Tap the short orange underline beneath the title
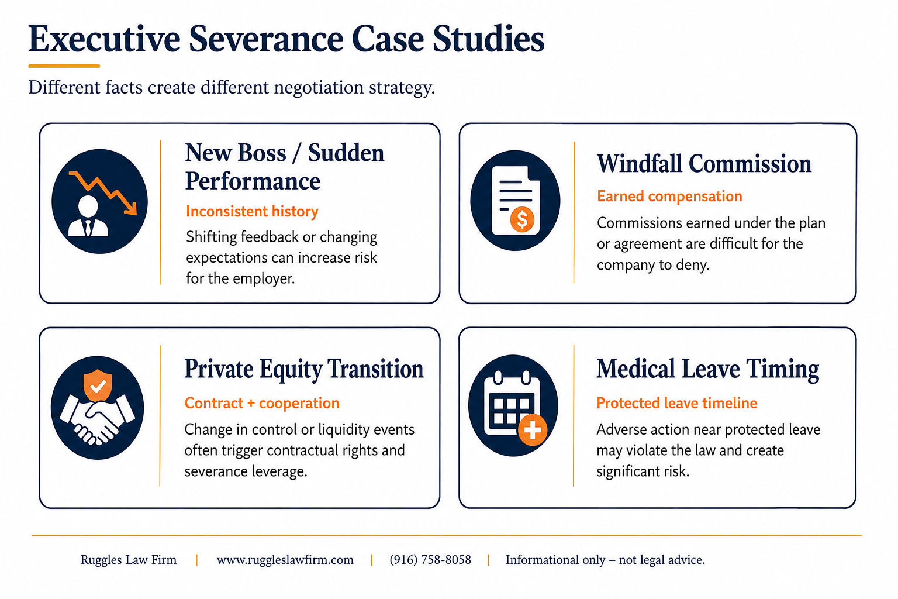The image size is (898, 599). tap(64, 66)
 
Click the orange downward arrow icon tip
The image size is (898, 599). tap(134, 212)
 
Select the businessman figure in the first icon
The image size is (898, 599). tap(88, 216)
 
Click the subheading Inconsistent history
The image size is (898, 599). tap(252, 211)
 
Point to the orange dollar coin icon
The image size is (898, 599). tap(522, 219)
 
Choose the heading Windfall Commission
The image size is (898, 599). tap(704, 164)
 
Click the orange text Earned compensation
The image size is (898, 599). tap(669, 196)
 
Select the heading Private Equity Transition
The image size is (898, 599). tap(304, 369)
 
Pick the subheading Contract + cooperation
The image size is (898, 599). tap(262, 403)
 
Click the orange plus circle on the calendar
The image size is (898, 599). tap(533, 430)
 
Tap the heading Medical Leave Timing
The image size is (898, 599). tap(707, 369)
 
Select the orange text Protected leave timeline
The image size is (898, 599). tap(676, 403)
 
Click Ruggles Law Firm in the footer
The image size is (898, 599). tap(128, 560)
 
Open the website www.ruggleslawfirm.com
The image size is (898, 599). tap(285, 560)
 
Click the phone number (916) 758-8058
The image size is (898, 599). tap(430, 560)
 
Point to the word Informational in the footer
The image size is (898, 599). tap(555, 560)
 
